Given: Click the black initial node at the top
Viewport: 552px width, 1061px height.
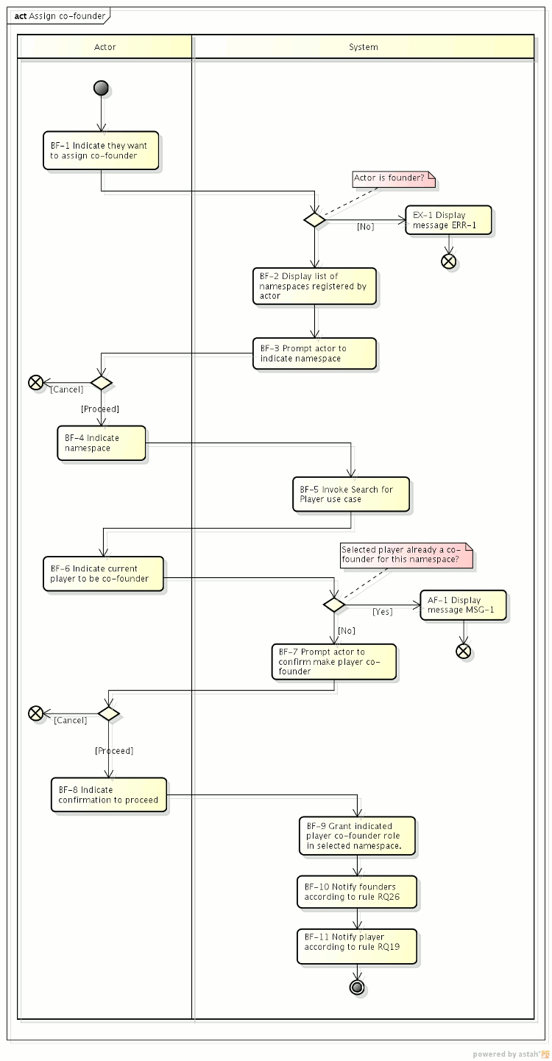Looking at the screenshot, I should (102, 88).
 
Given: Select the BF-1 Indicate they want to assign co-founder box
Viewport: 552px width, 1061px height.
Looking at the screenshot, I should (101, 151).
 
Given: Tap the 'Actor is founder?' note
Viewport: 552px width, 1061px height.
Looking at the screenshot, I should (394, 178).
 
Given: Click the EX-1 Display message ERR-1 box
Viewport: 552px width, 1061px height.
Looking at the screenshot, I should (448, 220).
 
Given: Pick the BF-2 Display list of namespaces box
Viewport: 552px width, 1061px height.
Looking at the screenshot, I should (314, 286).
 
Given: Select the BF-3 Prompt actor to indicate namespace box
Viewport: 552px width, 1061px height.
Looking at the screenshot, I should (314, 353).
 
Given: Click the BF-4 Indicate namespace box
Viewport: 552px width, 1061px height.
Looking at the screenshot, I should (102, 443).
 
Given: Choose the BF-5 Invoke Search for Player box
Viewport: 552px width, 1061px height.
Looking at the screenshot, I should (351, 495).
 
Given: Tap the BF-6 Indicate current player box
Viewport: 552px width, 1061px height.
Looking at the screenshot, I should (103, 574).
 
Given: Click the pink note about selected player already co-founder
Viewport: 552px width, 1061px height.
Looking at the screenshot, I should (406, 554).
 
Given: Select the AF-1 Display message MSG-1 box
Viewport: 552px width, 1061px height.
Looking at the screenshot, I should (463, 605).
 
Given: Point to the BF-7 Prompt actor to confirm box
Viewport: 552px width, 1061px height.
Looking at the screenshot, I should (333, 661).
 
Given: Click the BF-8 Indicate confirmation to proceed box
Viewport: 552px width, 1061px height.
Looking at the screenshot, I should (109, 795).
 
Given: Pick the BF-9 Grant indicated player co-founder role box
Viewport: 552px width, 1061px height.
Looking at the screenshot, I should (357, 836).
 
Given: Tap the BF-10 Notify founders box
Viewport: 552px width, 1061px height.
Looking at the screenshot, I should (357, 892).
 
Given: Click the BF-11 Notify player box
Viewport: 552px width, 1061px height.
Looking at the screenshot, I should (357, 946).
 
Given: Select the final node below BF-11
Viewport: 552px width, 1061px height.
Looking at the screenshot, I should (358, 987).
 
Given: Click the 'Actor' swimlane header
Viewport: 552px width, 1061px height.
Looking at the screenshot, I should (105, 47).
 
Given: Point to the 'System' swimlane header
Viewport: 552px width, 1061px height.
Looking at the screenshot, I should (363, 47).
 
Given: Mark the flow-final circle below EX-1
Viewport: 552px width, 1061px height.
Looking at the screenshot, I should (448, 261).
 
